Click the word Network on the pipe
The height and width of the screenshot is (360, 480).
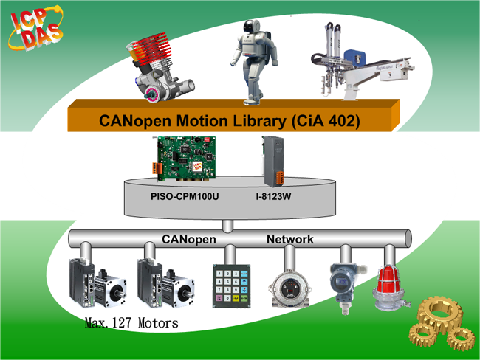pyautogui.click(x=290, y=240)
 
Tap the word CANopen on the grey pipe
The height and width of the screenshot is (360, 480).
pyautogui.click(x=188, y=240)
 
